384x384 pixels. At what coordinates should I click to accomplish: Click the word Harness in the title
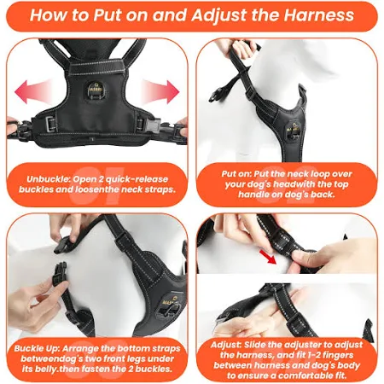pos(319,15)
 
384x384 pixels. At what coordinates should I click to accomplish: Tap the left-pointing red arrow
pos(33,91)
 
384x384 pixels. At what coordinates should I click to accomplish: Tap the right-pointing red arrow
pos(160,91)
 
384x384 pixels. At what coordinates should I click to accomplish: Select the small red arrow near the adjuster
pos(268,256)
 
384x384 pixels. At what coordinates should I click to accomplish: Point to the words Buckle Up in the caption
pos(37,348)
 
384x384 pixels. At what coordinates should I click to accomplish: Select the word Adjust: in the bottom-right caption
pos(226,345)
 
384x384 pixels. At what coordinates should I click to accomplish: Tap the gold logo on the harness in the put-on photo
pos(294,128)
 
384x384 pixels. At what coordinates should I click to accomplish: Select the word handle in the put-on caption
pos(253,195)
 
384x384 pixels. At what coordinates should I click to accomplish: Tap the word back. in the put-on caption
pos(323,195)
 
